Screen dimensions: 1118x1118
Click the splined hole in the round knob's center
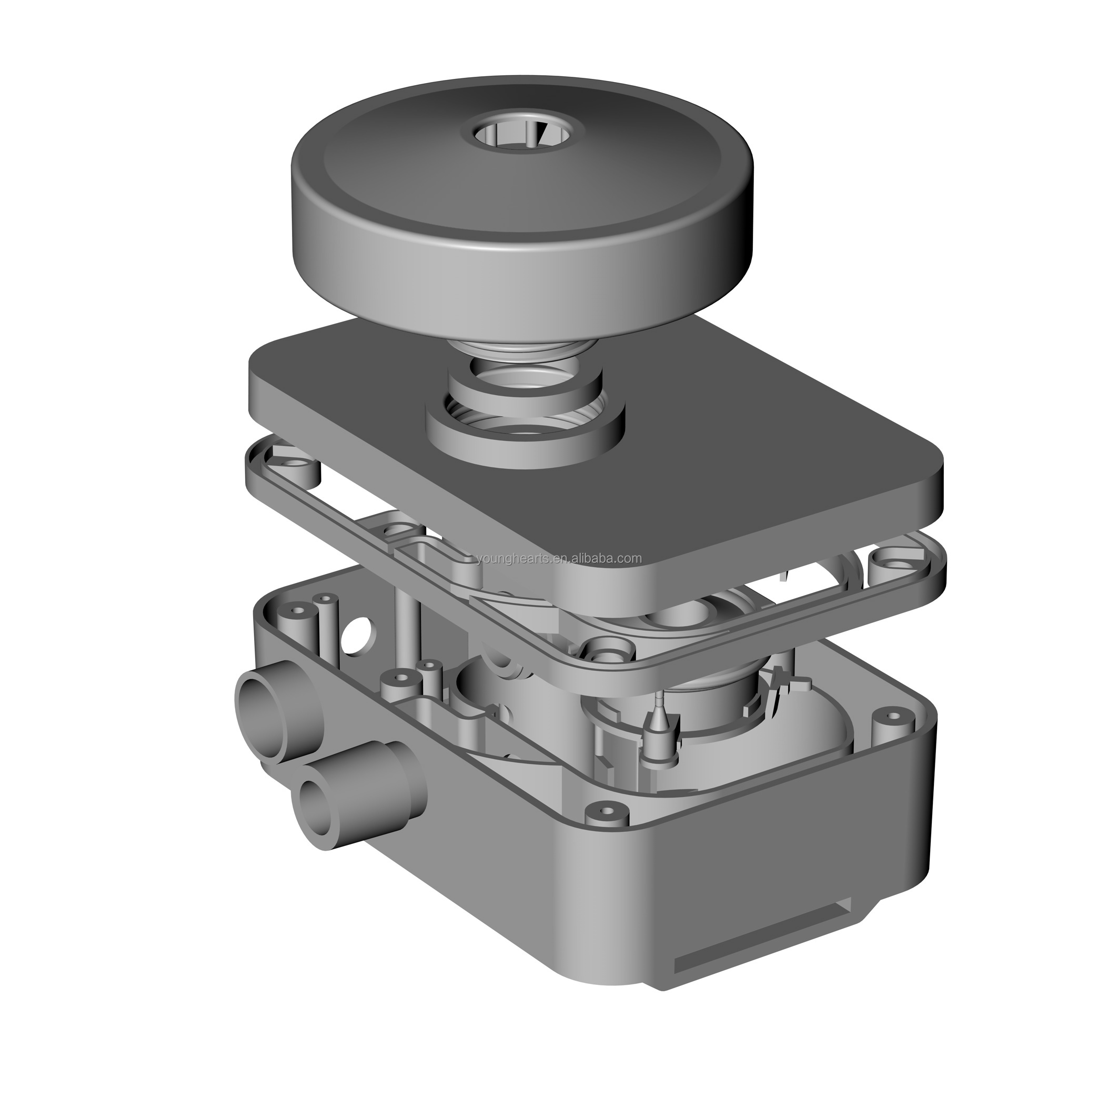click(521, 134)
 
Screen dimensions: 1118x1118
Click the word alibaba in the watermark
click(597, 558)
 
